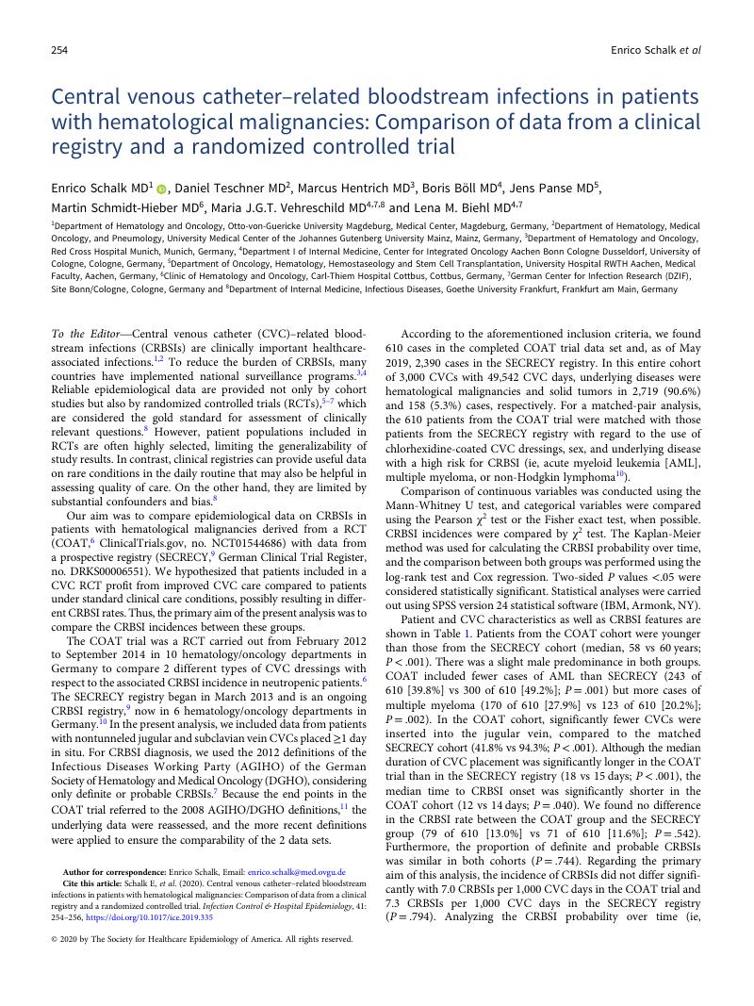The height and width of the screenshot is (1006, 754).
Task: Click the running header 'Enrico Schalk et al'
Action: coord(656,50)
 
